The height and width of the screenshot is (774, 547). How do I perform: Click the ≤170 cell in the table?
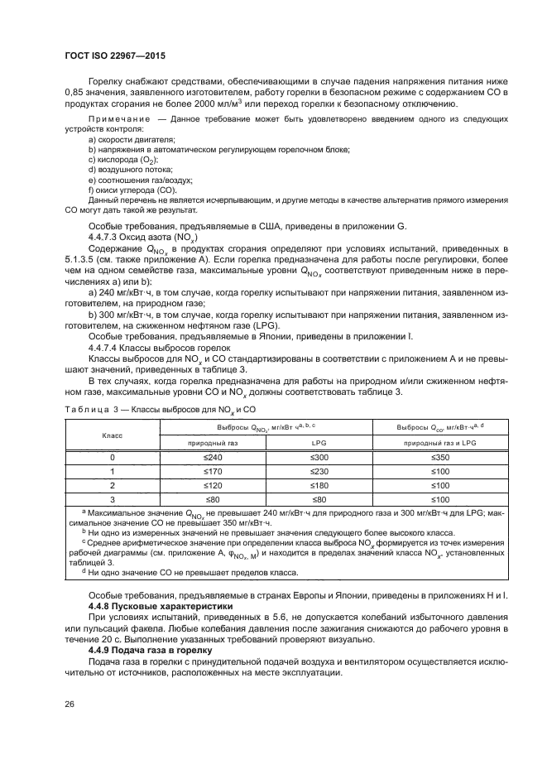[x=215, y=470]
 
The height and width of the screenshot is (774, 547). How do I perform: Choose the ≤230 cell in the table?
[x=319, y=470]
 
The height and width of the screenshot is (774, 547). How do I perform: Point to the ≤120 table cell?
[x=215, y=485]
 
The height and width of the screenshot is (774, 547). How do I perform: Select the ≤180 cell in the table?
[x=319, y=485]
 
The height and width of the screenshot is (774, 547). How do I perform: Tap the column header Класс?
[x=113, y=434]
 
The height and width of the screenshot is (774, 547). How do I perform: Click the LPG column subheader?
[x=319, y=442]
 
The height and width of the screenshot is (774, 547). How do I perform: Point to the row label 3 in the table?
[x=113, y=500]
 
